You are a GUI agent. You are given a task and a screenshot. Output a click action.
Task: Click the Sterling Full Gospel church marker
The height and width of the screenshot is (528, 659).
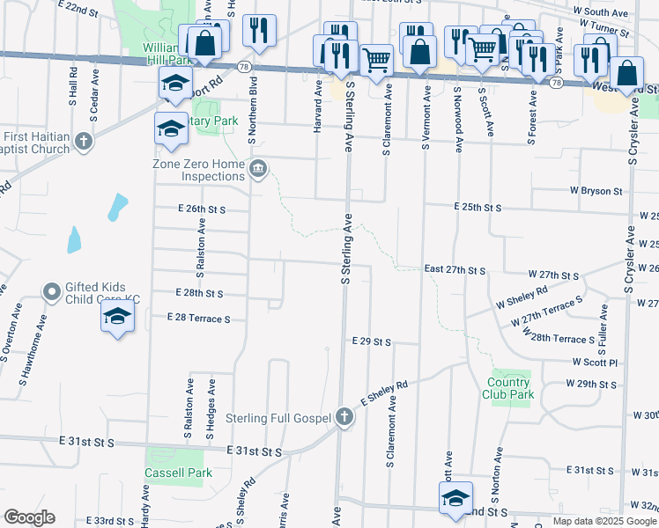coord(344,418)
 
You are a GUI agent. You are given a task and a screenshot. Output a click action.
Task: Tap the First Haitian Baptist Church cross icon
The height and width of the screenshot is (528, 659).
coord(84,141)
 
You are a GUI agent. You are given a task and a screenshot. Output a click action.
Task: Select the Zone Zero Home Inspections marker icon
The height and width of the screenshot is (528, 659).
coord(258,169)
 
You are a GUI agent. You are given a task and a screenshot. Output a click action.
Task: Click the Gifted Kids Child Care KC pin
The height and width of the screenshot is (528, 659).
coord(51,290)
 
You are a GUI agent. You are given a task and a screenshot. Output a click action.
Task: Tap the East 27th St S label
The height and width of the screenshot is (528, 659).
coord(455,269)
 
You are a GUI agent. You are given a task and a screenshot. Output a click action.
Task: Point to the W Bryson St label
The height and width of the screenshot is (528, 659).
coord(596,190)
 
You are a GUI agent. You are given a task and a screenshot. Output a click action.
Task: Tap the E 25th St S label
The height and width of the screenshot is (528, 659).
coord(478,207)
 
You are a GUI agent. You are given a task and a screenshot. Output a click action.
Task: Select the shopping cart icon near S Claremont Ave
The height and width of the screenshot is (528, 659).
coord(376,60)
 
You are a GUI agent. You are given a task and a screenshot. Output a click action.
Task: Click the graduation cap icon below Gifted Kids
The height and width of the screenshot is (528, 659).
coord(116,317)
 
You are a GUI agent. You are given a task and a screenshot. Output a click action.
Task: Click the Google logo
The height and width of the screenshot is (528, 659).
coord(29,517)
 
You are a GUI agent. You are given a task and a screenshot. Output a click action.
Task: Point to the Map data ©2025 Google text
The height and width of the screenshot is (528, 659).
coord(604,521)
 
